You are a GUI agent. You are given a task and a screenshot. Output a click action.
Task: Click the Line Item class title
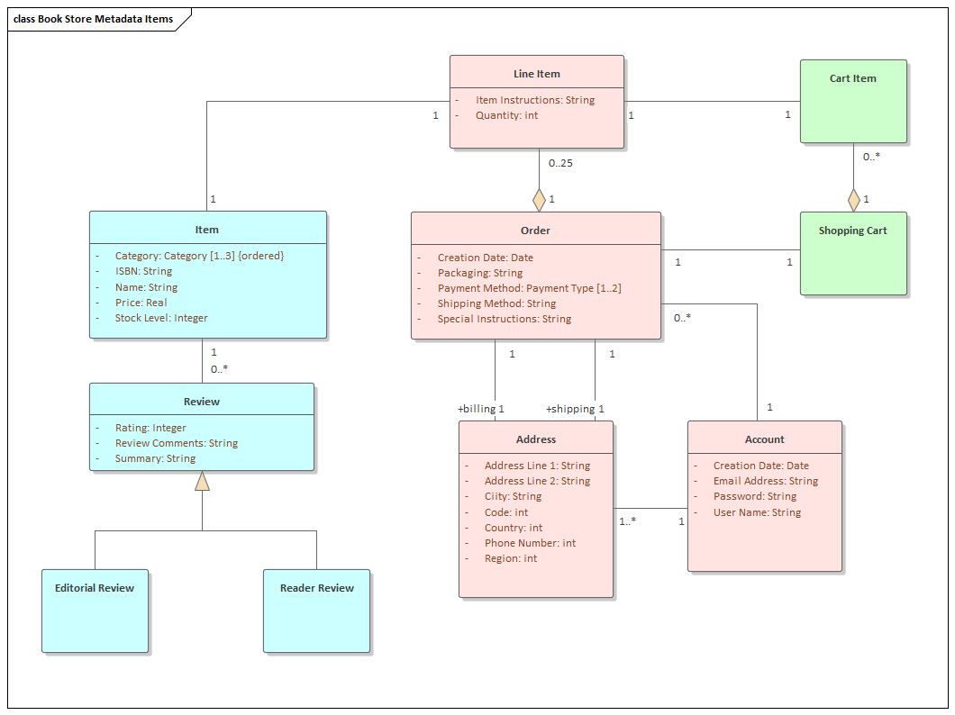click(x=537, y=74)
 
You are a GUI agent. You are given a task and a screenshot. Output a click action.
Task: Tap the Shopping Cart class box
click(x=852, y=253)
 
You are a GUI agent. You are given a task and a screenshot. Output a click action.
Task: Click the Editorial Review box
click(x=95, y=610)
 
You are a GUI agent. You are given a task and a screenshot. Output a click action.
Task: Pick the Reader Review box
click(x=316, y=610)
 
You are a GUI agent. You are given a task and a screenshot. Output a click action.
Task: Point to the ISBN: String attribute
click(x=143, y=271)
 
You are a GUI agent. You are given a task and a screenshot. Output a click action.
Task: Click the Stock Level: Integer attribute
click(x=161, y=318)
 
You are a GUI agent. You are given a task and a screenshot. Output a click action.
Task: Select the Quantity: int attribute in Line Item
click(x=506, y=115)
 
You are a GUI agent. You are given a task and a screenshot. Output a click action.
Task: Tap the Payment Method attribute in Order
click(x=529, y=288)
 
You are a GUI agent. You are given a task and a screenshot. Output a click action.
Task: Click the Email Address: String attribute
click(x=765, y=481)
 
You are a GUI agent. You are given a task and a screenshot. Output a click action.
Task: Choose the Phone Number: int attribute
click(x=530, y=543)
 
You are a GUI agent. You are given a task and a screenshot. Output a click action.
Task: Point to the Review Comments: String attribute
click(x=176, y=443)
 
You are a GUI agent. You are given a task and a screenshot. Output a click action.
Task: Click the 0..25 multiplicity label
click(x=560, y=163)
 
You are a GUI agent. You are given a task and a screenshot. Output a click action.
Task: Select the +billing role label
click(x=477, y=409)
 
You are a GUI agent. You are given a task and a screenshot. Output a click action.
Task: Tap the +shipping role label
click(x=569, y=409)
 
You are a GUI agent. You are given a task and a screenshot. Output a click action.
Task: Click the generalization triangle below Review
click(x=202, y=482)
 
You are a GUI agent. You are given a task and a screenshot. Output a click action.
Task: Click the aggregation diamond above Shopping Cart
click(x=853, y=200)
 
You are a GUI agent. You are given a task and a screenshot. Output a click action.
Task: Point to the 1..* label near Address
click(x=627, y=520)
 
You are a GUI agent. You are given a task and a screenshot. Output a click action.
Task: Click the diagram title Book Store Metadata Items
click(x=94, y=19)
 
